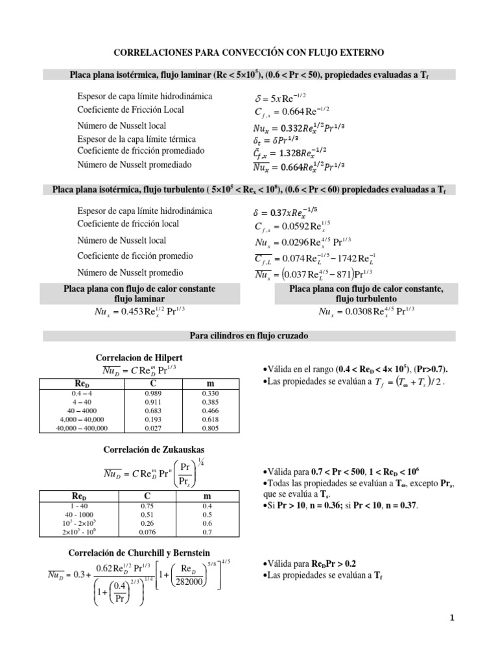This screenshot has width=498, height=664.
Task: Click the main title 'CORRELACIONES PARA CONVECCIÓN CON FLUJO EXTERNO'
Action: click(249, 51)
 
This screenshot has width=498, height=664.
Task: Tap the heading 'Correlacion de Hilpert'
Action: click(148, 357)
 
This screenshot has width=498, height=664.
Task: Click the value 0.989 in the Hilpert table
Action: click(150, 393)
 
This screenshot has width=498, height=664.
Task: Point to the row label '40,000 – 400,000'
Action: click(82, 428)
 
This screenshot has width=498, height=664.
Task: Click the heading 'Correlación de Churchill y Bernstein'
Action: click(148, 552)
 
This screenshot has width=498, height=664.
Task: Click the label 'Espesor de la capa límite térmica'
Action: click(136, 139)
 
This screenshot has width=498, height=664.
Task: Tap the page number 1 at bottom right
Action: click(452, 619)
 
